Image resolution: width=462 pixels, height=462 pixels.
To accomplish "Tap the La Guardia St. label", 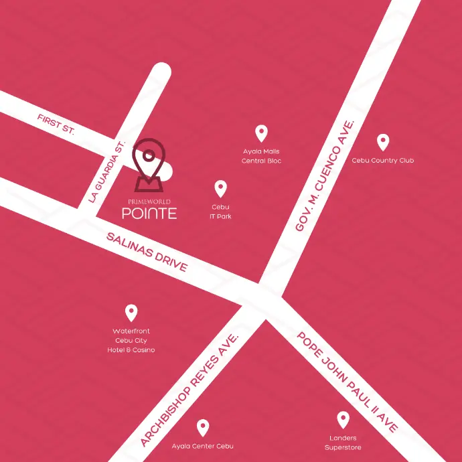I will click(x=106, y=172).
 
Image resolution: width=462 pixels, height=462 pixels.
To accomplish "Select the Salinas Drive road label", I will click(x=147, y=251).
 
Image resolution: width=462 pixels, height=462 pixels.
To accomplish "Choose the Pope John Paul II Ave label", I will click(x=348, y=381).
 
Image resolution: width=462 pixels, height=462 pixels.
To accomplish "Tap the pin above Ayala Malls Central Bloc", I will click(x=262, y=133).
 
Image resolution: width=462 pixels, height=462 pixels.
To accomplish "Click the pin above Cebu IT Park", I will click(x=220, y=189).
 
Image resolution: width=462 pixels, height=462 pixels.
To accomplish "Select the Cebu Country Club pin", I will click(x=383, y=142).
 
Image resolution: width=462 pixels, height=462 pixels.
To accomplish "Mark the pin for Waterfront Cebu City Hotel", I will click(x=131, y=312).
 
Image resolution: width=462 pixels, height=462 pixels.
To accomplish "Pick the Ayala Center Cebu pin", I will click(x=202, y=427).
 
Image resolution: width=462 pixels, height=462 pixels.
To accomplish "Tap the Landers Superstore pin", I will click(x=343, y=420).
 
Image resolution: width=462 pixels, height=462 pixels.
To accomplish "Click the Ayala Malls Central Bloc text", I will click(x=262, y=156).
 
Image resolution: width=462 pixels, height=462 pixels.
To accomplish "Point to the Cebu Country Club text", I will click(x=383, y=161).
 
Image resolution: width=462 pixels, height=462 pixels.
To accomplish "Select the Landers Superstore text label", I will click(x=343, y=443).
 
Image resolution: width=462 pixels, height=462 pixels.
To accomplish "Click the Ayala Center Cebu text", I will click(x=202, y=446).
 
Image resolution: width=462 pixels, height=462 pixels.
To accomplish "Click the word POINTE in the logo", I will click(x=149, y=214).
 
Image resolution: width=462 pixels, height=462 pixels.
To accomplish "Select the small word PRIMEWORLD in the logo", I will click(x=149, y=201).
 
